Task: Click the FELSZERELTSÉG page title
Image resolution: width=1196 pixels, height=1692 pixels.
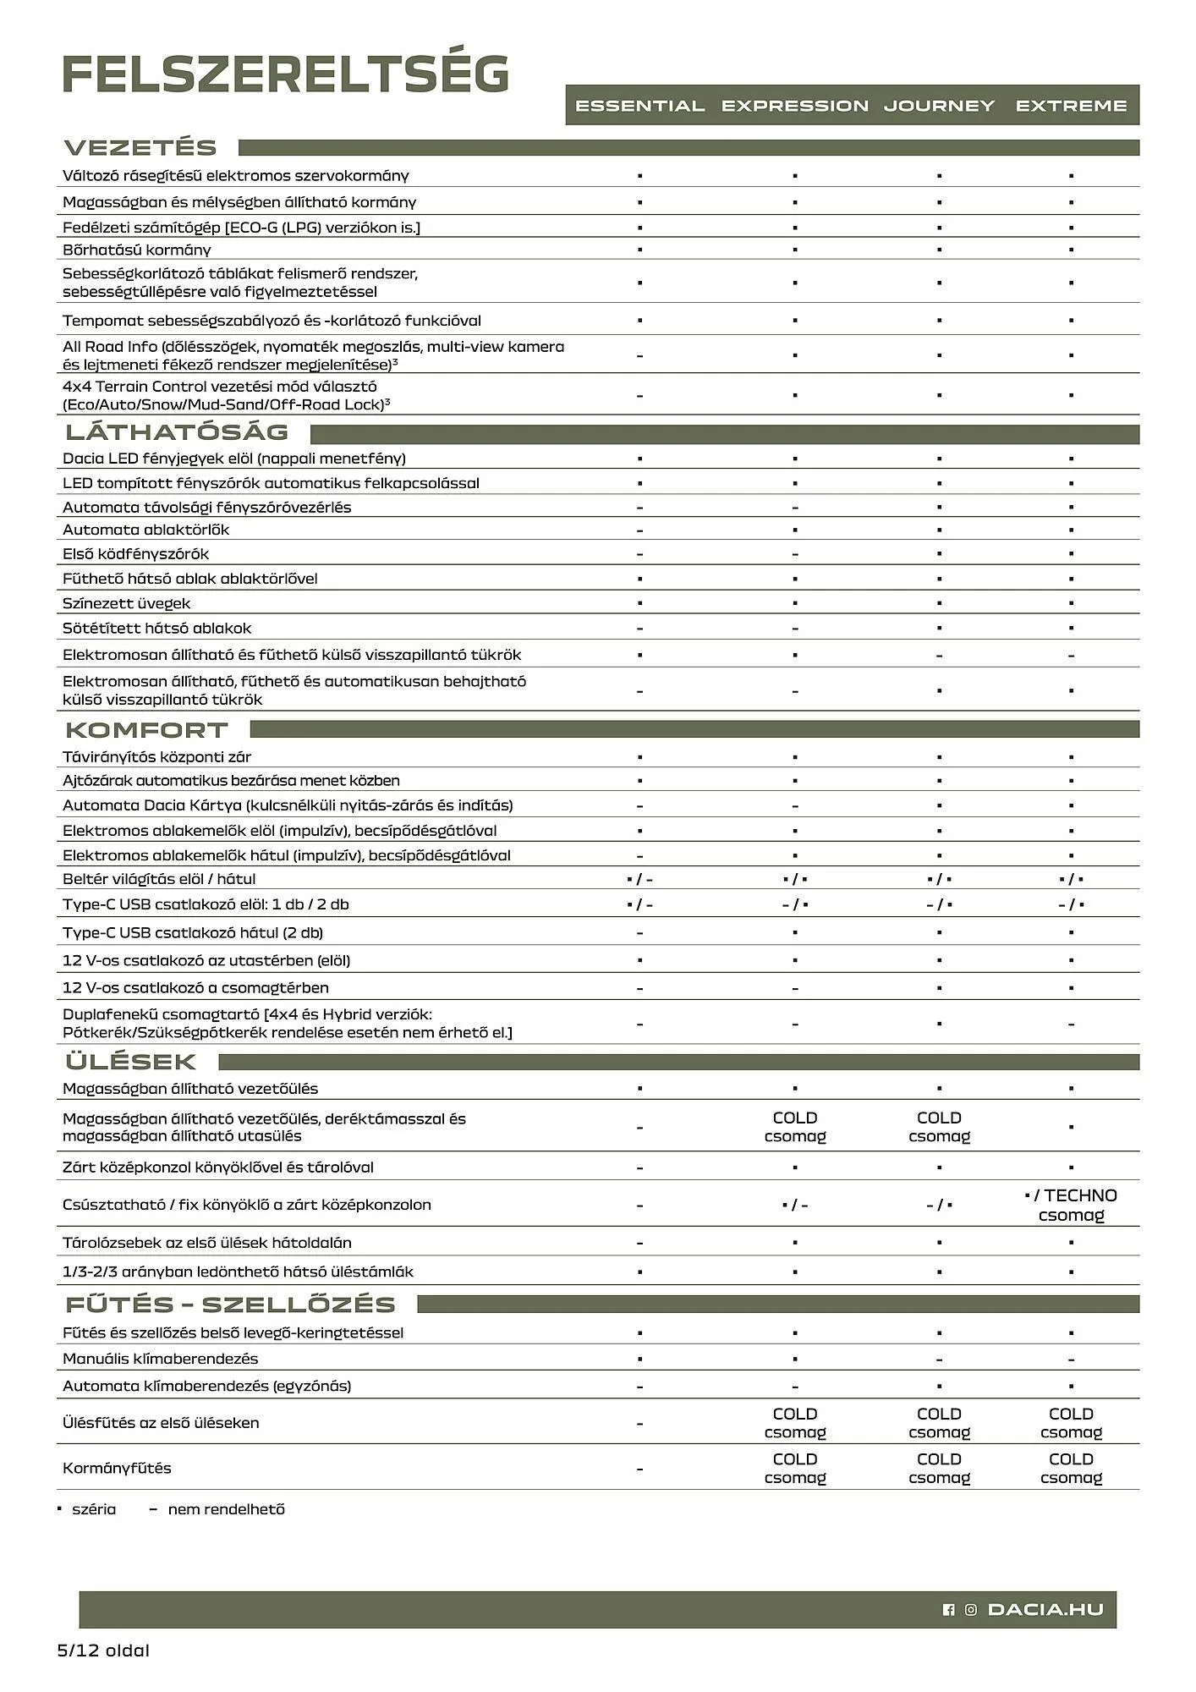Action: point(286,74)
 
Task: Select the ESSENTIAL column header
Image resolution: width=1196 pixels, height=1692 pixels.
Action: point(639,106)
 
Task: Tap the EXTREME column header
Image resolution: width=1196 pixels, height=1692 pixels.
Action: point(1071,106)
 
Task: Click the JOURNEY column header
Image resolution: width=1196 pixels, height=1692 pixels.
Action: point(939,106)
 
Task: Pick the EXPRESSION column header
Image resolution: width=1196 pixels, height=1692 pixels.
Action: point(794,106)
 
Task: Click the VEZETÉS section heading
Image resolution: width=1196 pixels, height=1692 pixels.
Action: point(141,147)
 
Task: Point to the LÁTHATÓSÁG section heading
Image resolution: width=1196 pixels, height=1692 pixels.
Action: point(178,432)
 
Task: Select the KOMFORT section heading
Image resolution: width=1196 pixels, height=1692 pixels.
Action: point(147,729)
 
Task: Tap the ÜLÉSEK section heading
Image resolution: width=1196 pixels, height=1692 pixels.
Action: point(131,1061)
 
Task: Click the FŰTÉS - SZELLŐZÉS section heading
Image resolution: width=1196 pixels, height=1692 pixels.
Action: point(231,1304)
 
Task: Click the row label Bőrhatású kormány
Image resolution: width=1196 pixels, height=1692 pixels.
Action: point(137,250)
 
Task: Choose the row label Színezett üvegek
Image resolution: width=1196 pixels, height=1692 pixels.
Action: point(127,603)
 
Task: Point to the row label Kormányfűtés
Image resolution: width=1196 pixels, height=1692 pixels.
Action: point(117,1468)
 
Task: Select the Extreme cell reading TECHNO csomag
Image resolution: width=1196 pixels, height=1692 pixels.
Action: point(1071,1205)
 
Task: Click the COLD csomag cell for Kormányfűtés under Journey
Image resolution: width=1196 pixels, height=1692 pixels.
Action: point(939,1468)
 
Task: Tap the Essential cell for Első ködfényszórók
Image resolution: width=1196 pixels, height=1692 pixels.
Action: point(639,554)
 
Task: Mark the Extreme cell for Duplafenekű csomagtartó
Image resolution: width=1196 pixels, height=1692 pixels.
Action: point(1071,1024)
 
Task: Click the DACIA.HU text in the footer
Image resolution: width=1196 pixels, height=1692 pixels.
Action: point(1045,1609)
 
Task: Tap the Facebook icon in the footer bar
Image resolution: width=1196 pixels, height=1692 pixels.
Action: point(948,1610)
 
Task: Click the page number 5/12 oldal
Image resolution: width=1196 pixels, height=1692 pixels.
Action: point(103,1651)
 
